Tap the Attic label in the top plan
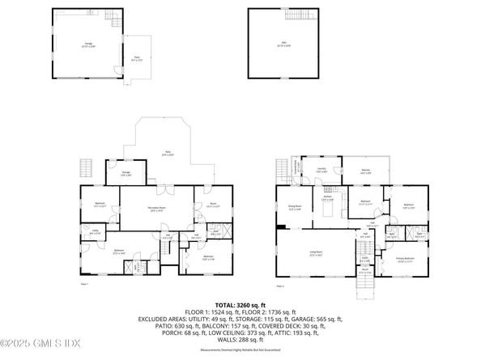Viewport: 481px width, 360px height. (283, 45)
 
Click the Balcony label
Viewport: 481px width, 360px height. (365, 171)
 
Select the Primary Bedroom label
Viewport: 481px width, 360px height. (406, 259)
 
